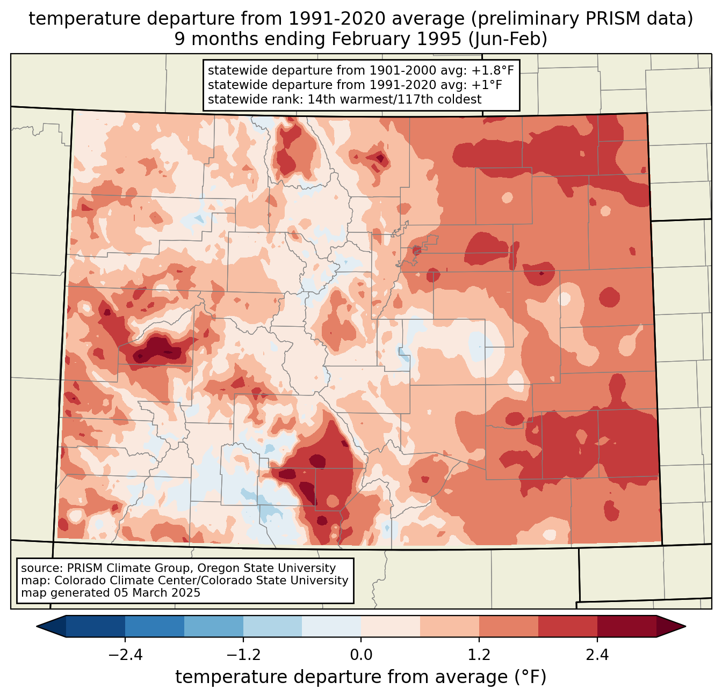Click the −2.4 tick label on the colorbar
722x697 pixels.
pyautogui.click(x=125, y=655)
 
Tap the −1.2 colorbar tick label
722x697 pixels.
pyautogui.click(x=243, y=655)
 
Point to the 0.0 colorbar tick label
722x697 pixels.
pyautogui.click(x=361, y=655)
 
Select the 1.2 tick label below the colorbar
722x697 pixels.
pyautogui.click(x=479, y=655)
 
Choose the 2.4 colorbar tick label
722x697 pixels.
pyautogui.click(x=597, y=655)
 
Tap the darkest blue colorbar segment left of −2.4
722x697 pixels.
pyautogui.click(x=96, y=626)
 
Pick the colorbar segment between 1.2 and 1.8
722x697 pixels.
pyautogui.click(x=509, y=626)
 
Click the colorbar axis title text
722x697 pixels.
pyautogui.click(x=361, y=677)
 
